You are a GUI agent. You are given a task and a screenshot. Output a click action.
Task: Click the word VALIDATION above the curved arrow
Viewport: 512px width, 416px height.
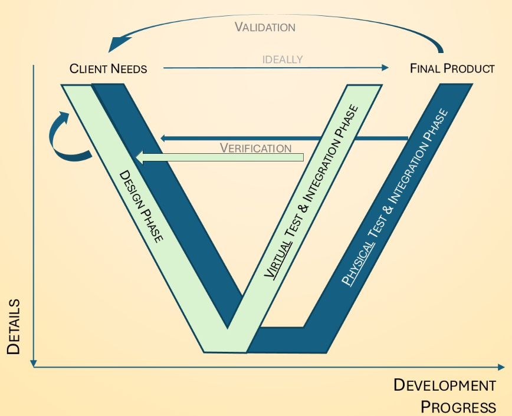[265, 27]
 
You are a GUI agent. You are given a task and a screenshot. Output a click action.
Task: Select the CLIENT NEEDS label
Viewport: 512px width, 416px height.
[108, 69]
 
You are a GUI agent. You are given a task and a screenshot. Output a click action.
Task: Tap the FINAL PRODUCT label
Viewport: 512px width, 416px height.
[452, 69]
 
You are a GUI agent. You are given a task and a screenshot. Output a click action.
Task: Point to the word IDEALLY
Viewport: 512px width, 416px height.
[283, 60]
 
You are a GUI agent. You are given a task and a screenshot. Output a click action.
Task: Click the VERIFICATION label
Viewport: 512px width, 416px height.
[256, 148]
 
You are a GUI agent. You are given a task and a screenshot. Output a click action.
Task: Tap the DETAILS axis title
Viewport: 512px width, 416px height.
[14, 326]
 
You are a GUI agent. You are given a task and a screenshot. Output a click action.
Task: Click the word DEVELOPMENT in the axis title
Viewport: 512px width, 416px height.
[445, 386]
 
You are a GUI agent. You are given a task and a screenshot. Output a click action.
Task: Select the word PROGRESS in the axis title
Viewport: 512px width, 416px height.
[458, 407]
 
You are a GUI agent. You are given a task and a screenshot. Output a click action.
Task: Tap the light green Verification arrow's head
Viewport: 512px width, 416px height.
[140, 157]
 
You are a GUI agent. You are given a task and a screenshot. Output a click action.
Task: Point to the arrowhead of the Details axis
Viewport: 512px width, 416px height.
[35, 362]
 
